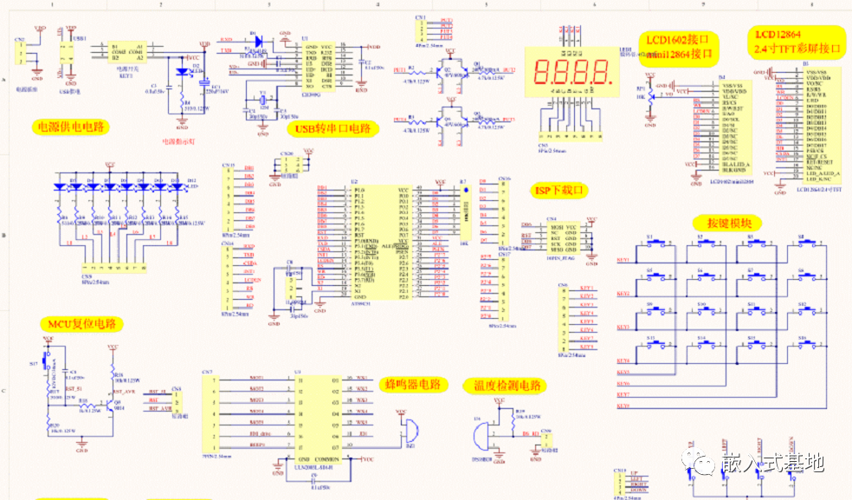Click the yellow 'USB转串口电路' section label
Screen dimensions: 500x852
tap(333, 129)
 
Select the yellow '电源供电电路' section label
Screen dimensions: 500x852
tap(68, 127)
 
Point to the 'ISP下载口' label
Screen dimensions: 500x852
tap(558, 190)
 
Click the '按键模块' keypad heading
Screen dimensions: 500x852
tap(733, 223)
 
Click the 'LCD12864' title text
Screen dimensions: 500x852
tap(777, 35)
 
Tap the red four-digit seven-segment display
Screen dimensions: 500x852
tap(575, 78)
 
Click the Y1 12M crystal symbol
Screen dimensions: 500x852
tap(263, 95)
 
